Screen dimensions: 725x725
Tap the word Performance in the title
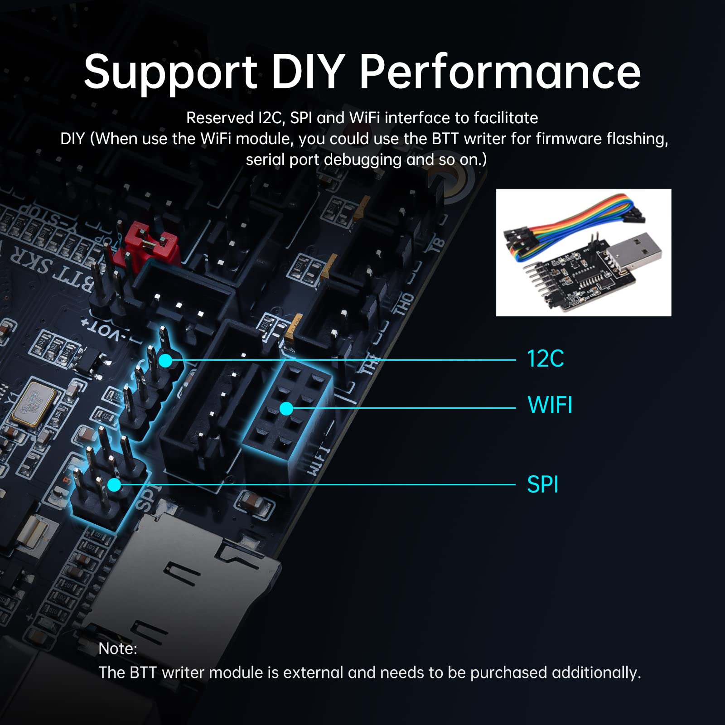(x=500, y=72)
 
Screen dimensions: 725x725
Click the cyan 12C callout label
(x=545, y=359)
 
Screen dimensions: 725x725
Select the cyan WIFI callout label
(x=550, y=405)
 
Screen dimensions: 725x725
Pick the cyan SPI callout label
(x=542, y=484)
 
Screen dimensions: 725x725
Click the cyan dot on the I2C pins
(x=165, y=361)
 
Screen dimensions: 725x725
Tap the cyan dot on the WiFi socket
(x=286, y=409)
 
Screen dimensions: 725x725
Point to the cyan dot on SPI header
(x=114, y=485)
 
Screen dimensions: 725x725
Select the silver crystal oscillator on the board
(x=34, y=403)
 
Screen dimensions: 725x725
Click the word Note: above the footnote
(x=117, y=649)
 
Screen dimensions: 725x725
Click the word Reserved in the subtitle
(x=219, y=118)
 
